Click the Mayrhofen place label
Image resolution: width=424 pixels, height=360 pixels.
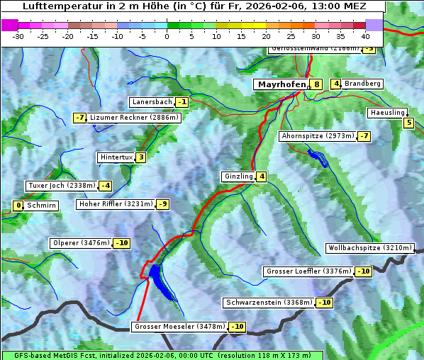(x=281, y=84)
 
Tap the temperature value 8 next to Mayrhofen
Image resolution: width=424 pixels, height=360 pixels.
(x=317, y=84)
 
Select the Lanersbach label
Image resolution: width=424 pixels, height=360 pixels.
(x=152, y=102)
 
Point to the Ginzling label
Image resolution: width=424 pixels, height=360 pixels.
(x=238, y=176)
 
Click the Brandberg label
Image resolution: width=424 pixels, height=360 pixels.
(x=363, y=84)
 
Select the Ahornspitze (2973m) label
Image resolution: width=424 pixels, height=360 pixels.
(x=318, y=135)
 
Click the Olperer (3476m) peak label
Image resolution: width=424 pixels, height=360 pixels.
(x=81, y=243)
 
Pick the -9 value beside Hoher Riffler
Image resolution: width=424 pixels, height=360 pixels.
(x=163, y=204)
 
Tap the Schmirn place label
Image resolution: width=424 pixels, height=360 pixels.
(x=41, y=206)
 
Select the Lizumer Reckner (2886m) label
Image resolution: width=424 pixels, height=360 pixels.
(x=134, y=118)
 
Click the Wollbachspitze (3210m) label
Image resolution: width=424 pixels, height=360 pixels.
(x=369, y=248)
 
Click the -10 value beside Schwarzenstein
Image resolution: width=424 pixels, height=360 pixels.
(x=325, y=303)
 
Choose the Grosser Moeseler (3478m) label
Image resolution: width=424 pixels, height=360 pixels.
(x=179, y=327)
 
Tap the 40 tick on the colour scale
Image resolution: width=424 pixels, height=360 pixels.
(x=365, y=35)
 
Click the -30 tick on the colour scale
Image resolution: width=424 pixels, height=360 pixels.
(x=18, y=35)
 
